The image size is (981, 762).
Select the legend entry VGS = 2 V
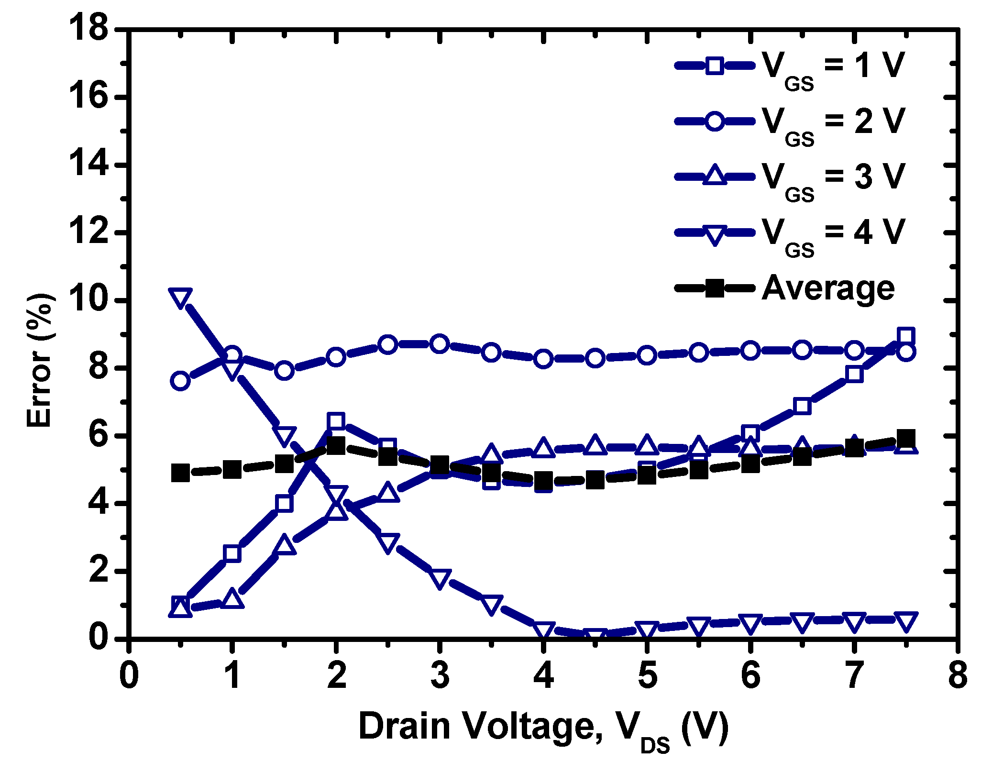pyautogui.click(x=833, y=121)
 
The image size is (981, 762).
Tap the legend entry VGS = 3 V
pyautogui.click(x=833, y=177)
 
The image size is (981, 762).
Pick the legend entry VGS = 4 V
pyautogui.click(x=833, y=233)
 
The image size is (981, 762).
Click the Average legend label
pyautogui.click(x=827, y=288)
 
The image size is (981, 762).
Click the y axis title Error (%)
pyautogui.click(x=40, y=361)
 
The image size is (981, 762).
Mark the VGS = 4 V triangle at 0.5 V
pyautogui.click(x=180, y=298)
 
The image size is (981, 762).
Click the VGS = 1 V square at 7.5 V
pyautogui.click(x=905, y=336)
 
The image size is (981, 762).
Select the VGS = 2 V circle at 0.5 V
pyautogui.click(x=180, y=381)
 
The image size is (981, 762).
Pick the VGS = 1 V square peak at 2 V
pyautogui.click(x=336, y=421)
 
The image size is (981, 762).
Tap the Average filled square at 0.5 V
pyautogui.click(x=180, y=473)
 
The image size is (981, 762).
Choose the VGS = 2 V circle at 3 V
pyautogui.click(x=440, y=344)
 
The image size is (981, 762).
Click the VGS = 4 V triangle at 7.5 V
pyautogui.click(x=905, y=621)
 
